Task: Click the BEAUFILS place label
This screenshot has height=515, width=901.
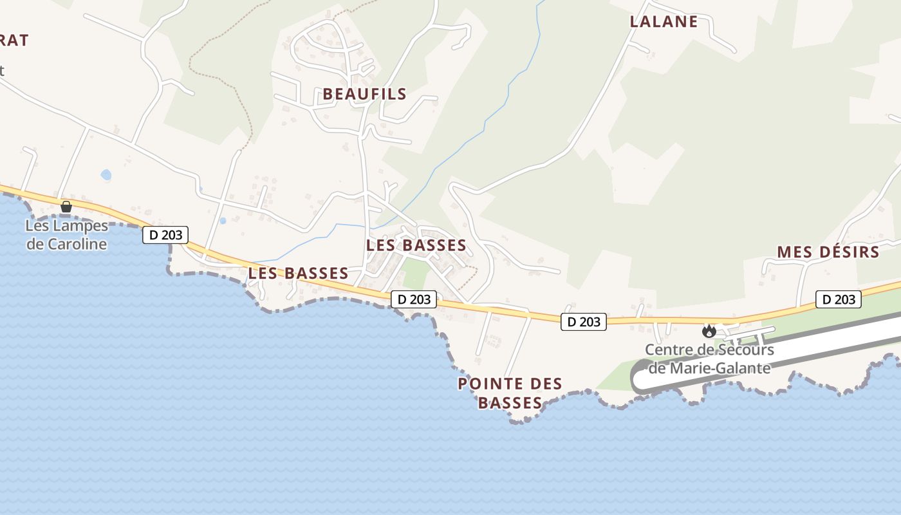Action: pyautogui.click(x=364, y=94)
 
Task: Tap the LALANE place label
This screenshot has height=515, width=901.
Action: pyautogui.click(x=664, y=21)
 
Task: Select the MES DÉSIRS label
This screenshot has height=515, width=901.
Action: pyautogui.click(x=828, y=252)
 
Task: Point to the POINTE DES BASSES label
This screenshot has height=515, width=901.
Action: pyautogui.click(x=510, y=393)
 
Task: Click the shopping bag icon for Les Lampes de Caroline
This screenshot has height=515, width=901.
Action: pyautogui.click(x=66, y=207)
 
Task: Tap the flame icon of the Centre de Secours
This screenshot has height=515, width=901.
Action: pyautogui.click(x=709, y=331)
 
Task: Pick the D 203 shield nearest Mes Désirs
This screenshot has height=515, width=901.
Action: pyautogui.click(x=839, y=299)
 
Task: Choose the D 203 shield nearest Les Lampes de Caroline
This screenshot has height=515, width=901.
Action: pyautogui.click(x=165, y=235)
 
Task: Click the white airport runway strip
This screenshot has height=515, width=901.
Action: pyautogui.click(x=772, y=360)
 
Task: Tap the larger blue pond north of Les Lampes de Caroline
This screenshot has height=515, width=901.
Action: pyautogui.click(x=106, y=174)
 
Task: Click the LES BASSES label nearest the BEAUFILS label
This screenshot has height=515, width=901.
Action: pyautogui.click(x=416, y=245)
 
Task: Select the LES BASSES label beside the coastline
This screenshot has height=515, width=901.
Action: pyautogui.click(x=298, y=273)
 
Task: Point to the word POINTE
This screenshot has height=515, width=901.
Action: pyautogui.click(x=488, y=384)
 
